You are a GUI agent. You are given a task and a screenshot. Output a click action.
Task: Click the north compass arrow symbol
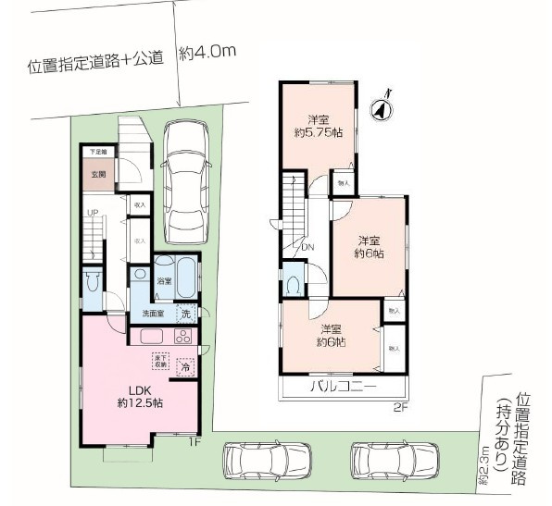[380, 108]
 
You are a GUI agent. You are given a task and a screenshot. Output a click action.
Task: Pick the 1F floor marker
[193, 441]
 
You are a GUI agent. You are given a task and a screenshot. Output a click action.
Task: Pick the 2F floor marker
[399, 407]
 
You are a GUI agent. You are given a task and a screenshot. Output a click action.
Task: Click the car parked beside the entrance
[188, 175]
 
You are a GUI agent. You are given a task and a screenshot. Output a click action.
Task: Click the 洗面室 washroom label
[154, 315]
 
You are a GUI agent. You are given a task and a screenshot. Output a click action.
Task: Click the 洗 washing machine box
[186, 314]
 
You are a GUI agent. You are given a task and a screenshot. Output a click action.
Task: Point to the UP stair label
[92, 214]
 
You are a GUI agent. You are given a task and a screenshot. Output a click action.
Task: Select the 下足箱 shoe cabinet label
[97, 151]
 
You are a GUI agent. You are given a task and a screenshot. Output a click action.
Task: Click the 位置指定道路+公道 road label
[95, 62]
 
